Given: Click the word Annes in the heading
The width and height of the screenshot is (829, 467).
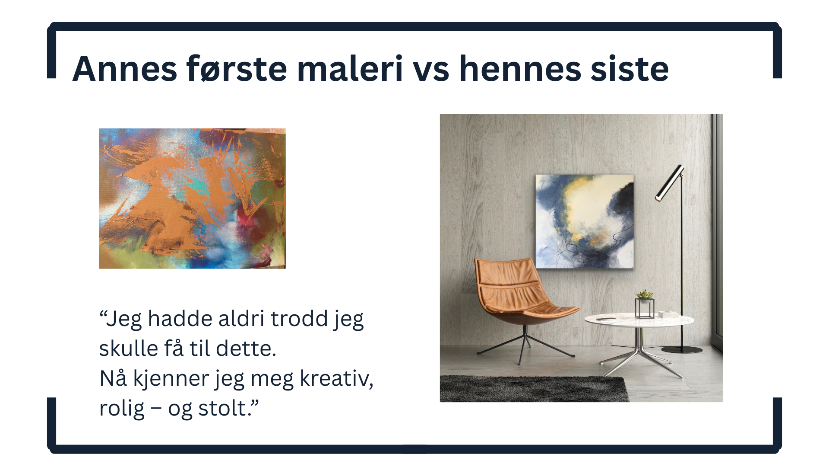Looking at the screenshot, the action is pos(125,69).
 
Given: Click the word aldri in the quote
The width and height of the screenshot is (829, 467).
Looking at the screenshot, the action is pos(241,319).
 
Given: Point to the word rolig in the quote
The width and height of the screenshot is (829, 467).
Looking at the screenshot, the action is pos(122,409).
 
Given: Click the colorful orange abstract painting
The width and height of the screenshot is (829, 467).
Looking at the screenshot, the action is pos(192,198).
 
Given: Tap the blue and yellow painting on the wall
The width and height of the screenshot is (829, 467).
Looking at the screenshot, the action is pos(585,221).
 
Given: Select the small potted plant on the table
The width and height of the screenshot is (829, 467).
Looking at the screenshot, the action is pos(644,295).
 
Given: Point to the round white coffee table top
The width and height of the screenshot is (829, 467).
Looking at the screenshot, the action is pos(639,320).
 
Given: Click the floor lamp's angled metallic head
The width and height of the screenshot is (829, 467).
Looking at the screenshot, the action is pos(670,183).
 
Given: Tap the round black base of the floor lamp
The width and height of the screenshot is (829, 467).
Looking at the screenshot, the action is pos(682,349).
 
